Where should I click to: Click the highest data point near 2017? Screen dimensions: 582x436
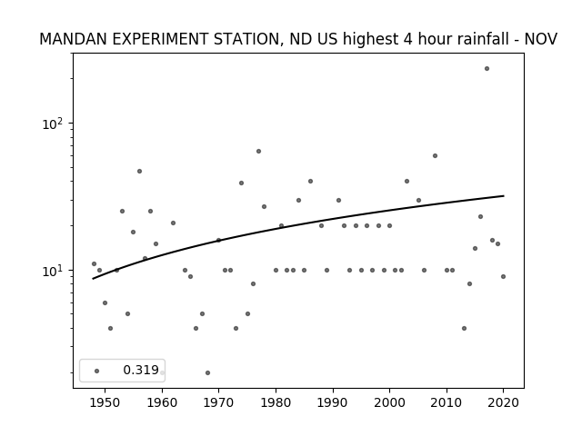tap(487, 69)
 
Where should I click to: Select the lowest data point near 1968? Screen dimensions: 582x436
tap(207, 372)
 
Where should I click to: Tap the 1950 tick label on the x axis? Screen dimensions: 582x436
tap(105, 402)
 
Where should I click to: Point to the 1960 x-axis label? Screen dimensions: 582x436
tap(162, 402)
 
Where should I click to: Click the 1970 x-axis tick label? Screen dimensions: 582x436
tap(218, 402)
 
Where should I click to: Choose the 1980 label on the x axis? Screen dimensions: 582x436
tap(276, 402)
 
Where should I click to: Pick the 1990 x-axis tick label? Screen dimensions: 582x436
tap(333, 402)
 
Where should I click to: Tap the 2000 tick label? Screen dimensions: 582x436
tap(389, 402)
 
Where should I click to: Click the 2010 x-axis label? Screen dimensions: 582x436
tap(447, 402)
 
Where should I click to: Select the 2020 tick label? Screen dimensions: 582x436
tap(503, 402)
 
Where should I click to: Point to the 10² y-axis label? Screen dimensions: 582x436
tap(55, 124)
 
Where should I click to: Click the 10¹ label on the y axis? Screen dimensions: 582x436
tap(55, 271)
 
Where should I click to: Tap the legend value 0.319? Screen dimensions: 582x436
tap(141, 370)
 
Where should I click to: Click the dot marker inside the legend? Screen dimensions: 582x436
tap(96, 371)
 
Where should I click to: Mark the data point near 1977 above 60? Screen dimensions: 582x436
tap(258, 152)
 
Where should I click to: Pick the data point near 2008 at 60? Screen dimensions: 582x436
tap(435, 155)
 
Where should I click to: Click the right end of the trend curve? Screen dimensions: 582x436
tap(504, 196)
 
